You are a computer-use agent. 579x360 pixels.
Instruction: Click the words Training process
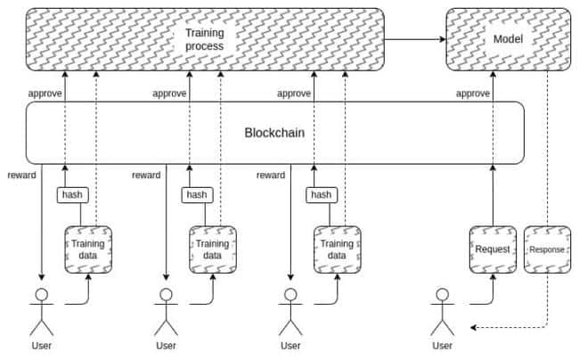click(205, 39)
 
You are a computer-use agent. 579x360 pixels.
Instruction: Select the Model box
click(508, 39)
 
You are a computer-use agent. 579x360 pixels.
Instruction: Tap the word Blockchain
click(274, 133)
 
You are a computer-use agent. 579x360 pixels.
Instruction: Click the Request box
click(493, 250)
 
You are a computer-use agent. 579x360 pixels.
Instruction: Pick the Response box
click(547, 250)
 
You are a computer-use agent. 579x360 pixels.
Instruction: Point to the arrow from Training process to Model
click(415, 39)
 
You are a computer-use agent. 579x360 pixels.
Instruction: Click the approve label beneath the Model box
click(473, 94)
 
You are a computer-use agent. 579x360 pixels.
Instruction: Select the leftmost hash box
click(73, 195)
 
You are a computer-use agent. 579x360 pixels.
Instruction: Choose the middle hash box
click(197, 195)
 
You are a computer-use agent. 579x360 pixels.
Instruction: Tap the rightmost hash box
click(322, 195)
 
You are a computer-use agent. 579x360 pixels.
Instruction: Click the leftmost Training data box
click(88, 250)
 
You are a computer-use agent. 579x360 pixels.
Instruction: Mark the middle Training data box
click(213, 250)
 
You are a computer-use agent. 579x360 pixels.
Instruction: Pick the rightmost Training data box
click(337, 250)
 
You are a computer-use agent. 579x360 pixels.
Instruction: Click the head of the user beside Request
click(443, 295)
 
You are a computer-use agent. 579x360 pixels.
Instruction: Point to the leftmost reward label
click(21, 175)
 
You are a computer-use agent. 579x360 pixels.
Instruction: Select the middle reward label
click(146, 175)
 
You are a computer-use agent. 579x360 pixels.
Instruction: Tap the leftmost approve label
click(45, 94)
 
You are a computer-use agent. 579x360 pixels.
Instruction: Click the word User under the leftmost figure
click(41, 346)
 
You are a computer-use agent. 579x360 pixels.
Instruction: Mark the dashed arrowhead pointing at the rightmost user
click(474, 327)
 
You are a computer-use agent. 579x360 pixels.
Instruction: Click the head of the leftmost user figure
click(41, 295)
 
